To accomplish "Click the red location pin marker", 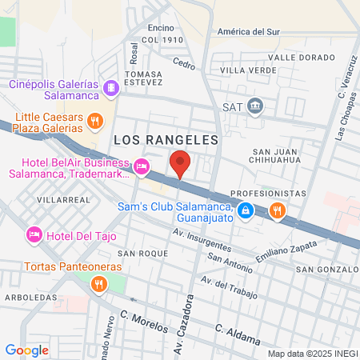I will click(x=181, y=164).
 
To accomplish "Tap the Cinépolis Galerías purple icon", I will click(x=110, y=86).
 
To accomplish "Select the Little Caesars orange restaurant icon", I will click(x=94, y=121).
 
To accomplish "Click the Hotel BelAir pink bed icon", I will click(x=142, y=166).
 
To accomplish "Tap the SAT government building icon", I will click(x=255, y=105).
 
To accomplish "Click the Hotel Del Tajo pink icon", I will click(x=34, y=234).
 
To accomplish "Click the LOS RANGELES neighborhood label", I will click(x=166, y=139).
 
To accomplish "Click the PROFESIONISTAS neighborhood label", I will click(x=268, y=194).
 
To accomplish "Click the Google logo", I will click(x=27, y=350).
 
